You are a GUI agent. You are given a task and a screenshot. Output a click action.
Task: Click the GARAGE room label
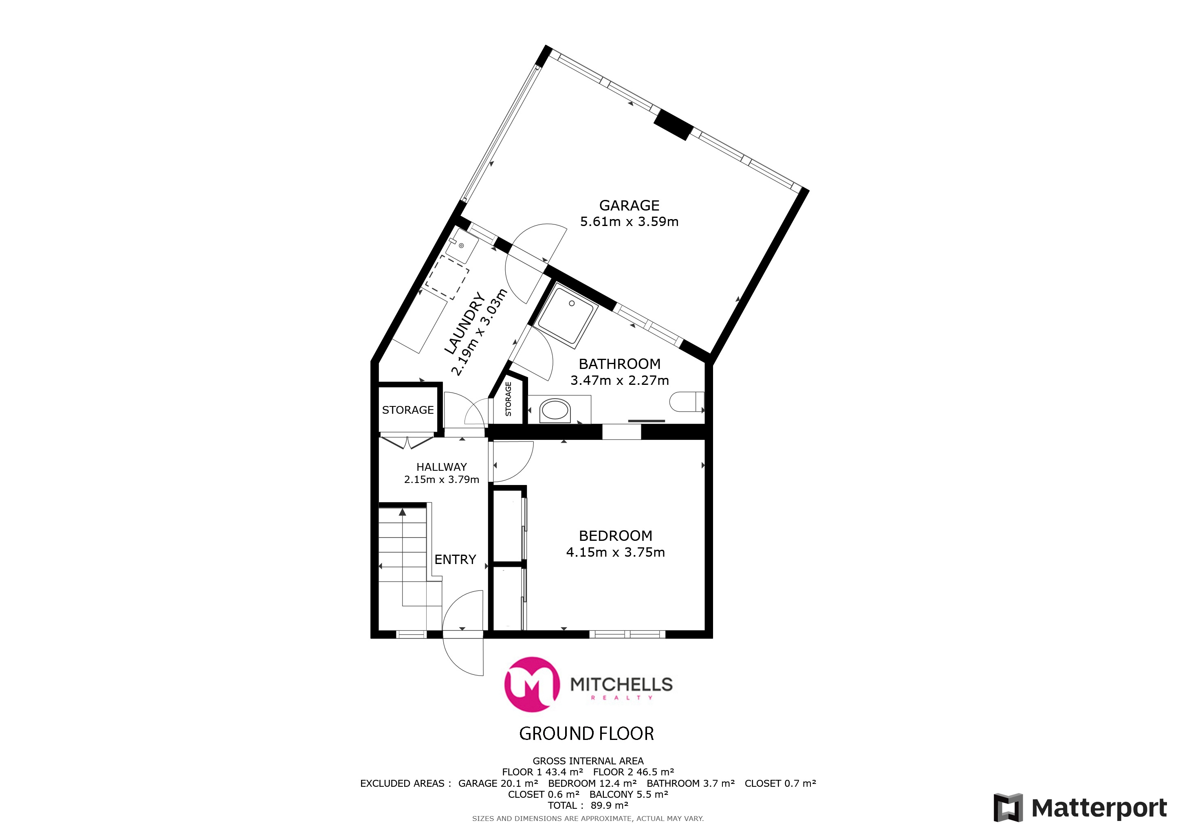point(629,205)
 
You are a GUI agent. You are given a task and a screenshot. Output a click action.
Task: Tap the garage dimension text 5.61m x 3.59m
point(629,222)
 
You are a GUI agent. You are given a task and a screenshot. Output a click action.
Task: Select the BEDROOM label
point(615,536)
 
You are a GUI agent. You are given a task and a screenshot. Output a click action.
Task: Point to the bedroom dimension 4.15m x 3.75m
point(615,552)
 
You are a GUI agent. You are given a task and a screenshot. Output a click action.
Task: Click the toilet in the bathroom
point(687,402)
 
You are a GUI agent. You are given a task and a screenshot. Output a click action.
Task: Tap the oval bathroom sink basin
point(555,411)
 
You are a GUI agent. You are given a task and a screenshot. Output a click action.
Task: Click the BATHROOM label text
point(619,364)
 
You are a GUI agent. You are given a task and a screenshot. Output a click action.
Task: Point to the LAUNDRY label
point(464,323)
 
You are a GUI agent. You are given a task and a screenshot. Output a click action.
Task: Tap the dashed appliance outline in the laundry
point(447,277)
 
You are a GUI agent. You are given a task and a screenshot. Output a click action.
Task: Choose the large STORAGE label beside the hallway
point(407,410)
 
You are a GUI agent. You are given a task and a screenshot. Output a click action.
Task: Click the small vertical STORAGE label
point(508,399)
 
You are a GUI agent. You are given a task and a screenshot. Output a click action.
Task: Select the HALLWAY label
point(441,467)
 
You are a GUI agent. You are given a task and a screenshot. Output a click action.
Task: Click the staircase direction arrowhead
point(403,512)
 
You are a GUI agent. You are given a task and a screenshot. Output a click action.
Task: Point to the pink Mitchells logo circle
point(532,684)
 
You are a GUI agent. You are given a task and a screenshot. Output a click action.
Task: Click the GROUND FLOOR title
point(586,733)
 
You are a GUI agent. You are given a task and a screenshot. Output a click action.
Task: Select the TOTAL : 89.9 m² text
point(588,805)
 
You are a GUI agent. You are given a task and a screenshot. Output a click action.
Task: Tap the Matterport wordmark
point(1099,808)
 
